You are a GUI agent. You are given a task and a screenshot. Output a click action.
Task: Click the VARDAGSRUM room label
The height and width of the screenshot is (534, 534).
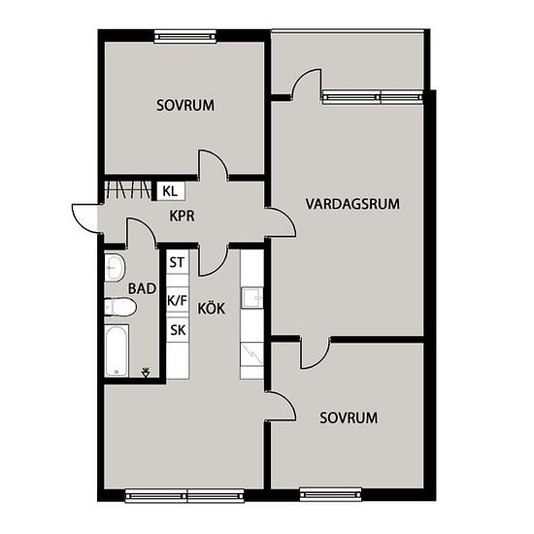click(x=352, y=204)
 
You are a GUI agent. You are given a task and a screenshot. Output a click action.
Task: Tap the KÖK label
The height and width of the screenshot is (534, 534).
click(x=211, y=308)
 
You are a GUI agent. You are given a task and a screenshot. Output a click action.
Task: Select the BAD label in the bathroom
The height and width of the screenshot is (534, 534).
click(x=142, y=288)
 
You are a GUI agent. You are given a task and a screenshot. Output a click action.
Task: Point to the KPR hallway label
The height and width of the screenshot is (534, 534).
click(x=183, y=216)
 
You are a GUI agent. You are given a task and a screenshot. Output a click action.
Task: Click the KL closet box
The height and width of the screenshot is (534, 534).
click(x=171, y=191)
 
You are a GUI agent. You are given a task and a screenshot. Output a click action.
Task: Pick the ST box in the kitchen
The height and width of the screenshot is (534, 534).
click(x=177, y=262)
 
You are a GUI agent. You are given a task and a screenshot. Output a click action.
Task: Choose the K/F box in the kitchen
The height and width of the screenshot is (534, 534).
click(x=177, y=300)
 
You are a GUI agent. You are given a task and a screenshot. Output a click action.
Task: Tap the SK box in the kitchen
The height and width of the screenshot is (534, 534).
click(x=178, y=330)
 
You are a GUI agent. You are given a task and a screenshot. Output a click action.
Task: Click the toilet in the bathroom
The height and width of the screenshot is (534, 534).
click(x=120, y=307)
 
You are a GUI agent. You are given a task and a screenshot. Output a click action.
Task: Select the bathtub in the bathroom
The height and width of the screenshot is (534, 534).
click(x=117, y=350)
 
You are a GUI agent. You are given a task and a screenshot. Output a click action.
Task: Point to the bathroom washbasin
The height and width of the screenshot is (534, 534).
click(x=115, y=267)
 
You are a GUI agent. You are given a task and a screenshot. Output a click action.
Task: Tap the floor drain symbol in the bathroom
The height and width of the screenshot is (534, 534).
click(x=146, y=372)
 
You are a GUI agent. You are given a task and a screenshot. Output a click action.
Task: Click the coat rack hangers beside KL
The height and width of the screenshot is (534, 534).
click(x=128, y=189)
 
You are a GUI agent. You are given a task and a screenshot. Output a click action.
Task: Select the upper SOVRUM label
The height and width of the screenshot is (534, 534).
click(x=185, y=105)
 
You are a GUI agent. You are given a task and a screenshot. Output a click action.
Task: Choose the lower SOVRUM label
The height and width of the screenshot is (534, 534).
click(x=349, y=417)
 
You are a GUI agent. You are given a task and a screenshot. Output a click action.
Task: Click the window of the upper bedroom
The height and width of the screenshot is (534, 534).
click(x=185, y=37)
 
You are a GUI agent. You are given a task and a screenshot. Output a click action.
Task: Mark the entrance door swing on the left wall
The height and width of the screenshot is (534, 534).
click(x=86, y=218)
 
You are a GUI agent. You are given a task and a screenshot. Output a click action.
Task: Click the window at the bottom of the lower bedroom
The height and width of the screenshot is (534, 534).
click(x=330, y=494)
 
